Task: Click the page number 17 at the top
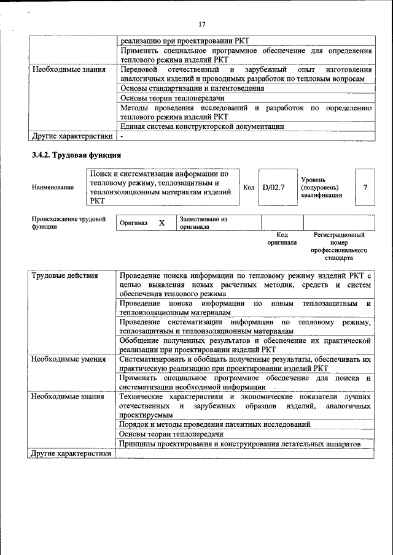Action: [201, 24]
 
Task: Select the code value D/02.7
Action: [273, 187]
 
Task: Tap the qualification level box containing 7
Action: [365, 187]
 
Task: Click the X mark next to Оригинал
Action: [162, 223]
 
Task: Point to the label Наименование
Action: [53, 187]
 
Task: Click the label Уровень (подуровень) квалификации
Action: [321, 187]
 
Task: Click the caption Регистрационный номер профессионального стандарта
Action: [339, 247]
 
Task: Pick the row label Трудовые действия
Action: [64, 276]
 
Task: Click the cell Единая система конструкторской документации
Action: [202, 126]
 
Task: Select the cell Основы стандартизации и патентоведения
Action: [192, 88]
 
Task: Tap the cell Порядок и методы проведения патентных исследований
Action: [214, 424]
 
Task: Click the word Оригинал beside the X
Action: [134, 223]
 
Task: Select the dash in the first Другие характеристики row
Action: [122, 136]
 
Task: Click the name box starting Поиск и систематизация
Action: [163, 187]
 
